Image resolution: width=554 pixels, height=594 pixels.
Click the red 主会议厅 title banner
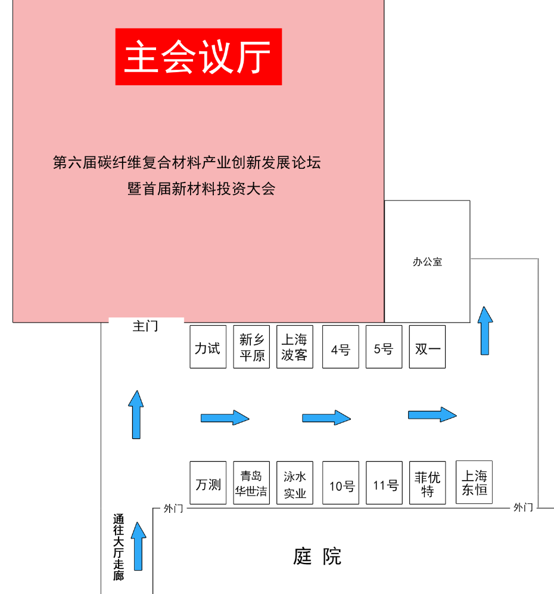coord(198,57)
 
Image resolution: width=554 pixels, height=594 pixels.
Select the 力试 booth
coord(208,347)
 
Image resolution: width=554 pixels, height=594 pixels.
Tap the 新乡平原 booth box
coord(251,347)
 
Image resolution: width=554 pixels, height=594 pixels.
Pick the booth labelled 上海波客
coord(295,347)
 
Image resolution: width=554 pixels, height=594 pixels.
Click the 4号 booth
coord(341,347)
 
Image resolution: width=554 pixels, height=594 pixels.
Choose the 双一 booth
coord(428,347)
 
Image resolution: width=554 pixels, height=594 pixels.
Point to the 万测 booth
coord(208,483)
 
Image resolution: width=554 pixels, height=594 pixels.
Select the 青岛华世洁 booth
coord(251,483)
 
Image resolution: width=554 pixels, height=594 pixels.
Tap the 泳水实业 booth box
coord(295,483)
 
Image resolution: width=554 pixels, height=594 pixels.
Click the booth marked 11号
coord(384,483)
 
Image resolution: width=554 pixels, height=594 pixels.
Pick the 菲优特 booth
coord(428,483)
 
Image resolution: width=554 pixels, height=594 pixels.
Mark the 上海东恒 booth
coord(474,482)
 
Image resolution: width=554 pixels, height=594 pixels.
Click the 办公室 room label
coord(427,261)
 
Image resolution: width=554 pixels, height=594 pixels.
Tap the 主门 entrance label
coord(145,326)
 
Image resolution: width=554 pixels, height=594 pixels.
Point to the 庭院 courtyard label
coord(318,556)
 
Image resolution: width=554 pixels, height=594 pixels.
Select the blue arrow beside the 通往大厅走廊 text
coord(139,546)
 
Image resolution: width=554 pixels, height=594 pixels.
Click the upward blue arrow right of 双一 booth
coord(485,331)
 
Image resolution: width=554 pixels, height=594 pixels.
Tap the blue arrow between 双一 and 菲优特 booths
coord(432,414)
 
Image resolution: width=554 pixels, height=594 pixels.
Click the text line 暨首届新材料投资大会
coord(201,189)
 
